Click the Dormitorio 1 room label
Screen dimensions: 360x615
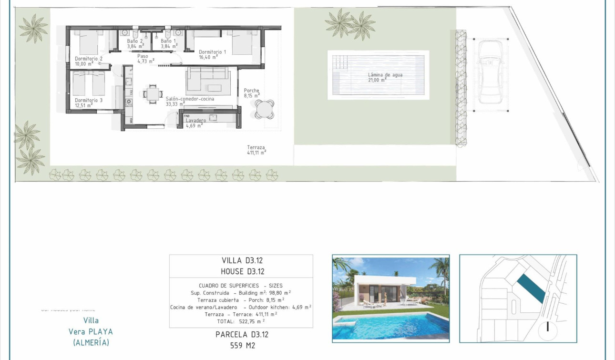click(212, 52)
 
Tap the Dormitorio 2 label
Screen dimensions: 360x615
click(89, 59)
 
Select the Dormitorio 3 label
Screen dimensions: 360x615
click(89, 100)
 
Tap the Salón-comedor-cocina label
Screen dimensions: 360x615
click(190, 99)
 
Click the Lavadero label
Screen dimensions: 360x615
click(196, 121)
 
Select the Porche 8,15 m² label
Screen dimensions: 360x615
click(252, 91)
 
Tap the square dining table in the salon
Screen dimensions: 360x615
click(154, 93)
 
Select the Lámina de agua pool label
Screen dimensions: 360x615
click(385, 75)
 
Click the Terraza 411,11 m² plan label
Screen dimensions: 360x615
click(256, 148)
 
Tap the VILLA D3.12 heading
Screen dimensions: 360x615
click(242, 260)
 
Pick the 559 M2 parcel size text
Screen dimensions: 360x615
click(242, 345)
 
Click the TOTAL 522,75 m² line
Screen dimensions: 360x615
click(241, 321)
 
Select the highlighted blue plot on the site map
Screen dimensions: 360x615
click(531, 288)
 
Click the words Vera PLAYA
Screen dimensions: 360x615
click(91, 331)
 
